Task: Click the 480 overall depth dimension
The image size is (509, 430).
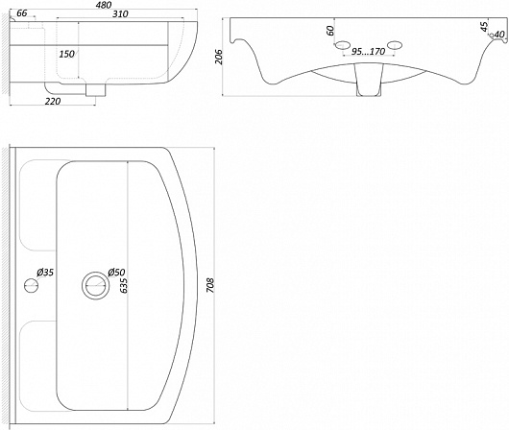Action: (104, 5)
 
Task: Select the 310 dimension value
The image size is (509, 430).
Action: (120, 14)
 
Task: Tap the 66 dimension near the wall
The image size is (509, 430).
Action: (21, 13)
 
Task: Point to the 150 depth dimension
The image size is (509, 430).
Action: (67, 54)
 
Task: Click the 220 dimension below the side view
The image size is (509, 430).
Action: (53, 102)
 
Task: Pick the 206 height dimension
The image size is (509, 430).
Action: (219, 57)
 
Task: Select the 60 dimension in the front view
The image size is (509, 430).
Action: (330, 31)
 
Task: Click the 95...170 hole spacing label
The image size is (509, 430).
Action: (368, 51)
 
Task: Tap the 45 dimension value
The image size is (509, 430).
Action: (484, 27)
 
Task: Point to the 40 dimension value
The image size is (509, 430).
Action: (500, 35)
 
